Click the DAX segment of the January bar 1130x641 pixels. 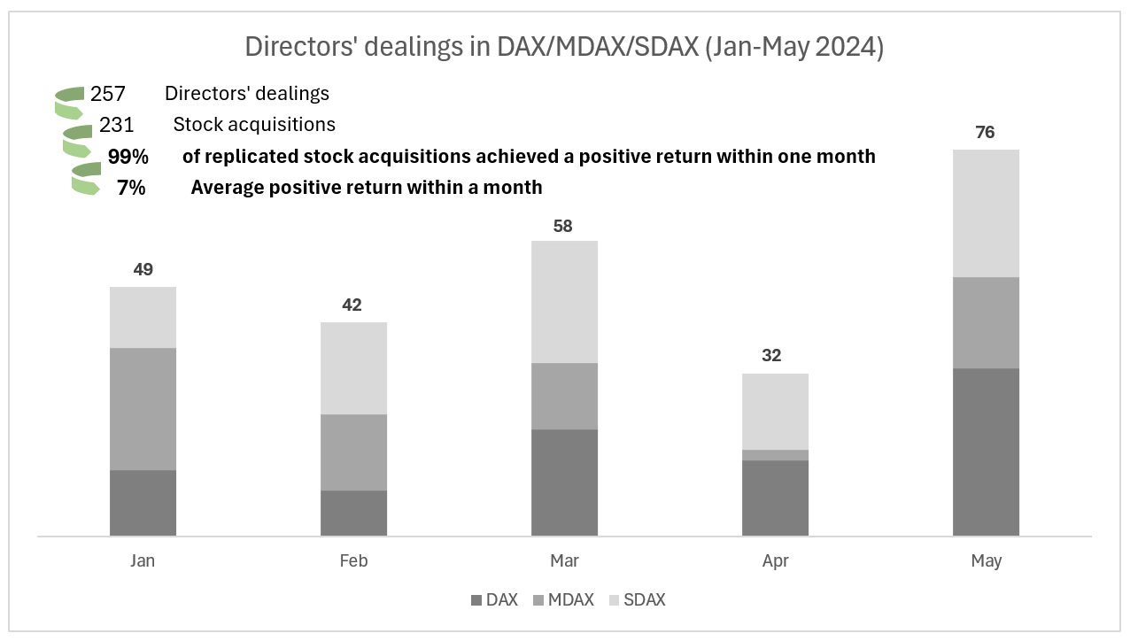tap(143, 502)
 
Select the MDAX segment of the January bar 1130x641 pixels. tap(143, 408)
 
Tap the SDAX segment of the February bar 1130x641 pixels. tap(353, 367)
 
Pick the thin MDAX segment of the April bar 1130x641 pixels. tap(775, 455)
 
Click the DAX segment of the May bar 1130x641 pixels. tap(986, 452)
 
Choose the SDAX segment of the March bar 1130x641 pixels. tap(564, 301)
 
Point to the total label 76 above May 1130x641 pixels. tap(985, 133)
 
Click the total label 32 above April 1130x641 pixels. tap(771, 356)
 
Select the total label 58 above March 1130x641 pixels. tap(562, 226)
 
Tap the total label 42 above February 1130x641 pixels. tap(352, 305)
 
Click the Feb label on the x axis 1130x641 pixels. tap(353, 561)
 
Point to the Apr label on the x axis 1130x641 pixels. tap(775, 561)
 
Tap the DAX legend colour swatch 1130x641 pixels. tap(477, 600)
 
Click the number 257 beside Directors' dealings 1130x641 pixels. tap(108, 94)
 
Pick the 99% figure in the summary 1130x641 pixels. tap(128, 157)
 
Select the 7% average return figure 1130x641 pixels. tap(131, 188)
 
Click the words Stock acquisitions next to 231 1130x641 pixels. tap(254, 125)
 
